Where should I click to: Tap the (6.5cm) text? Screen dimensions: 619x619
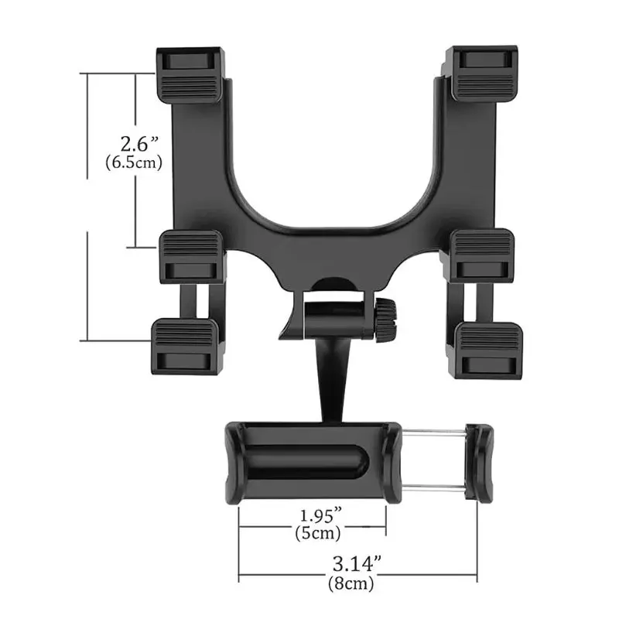pyautogui.click(x=134, y=162)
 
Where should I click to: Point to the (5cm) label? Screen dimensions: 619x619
pyautogui.click(x=318, y=533)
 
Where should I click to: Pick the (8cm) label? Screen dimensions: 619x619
pyautogui.click(x=351, y=583)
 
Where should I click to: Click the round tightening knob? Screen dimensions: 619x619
pyautogui.click(x=385, y=320)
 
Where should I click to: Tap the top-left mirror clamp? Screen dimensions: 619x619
pyautogui.click(x=190, y=75)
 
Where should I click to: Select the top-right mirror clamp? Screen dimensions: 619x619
pyautogui.click(x=481, y=74)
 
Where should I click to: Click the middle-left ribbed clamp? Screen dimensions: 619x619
pyautogui.click(x=191, y=257)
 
